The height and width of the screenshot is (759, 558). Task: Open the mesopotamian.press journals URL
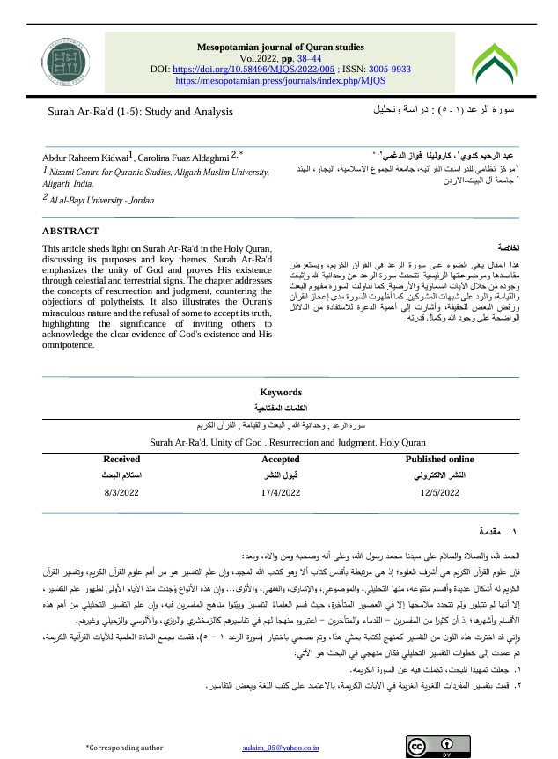click(x=281, y=79)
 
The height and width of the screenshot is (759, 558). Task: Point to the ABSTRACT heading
click(x=70, y=231)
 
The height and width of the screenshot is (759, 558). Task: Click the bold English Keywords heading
click(x=281, y=393)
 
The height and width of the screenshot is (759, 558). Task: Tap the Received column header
click(x=121, y=459)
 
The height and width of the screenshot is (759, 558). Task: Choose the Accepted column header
click(x=281, y=459)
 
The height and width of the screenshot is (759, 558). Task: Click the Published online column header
click(x=439, y=459)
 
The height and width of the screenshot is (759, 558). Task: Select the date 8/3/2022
click(x=121, y=492)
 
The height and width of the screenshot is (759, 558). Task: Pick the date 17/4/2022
click(x=281, y=492)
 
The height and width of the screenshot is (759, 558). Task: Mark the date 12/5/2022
click(x=439, y=492)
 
